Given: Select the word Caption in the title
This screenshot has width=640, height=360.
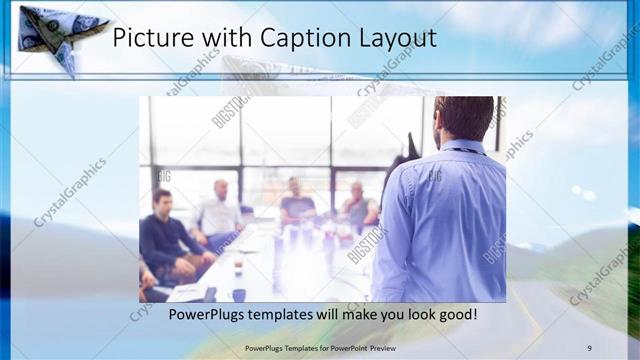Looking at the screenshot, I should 304,39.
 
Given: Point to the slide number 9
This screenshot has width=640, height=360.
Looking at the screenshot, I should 589,347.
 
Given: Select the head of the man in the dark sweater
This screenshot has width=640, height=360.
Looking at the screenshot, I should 161,200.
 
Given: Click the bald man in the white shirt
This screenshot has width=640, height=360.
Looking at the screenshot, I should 219,208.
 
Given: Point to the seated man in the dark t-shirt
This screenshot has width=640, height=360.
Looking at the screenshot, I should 296,200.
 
